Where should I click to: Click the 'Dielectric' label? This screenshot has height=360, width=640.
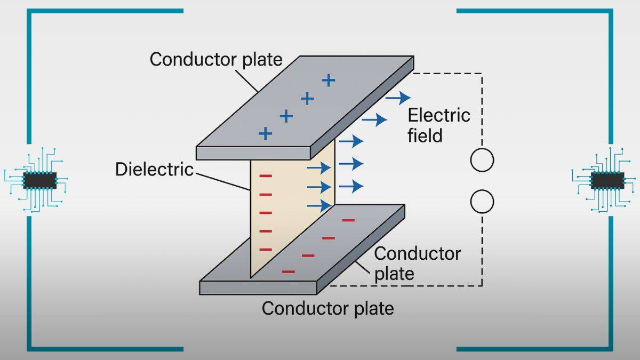point(154,170)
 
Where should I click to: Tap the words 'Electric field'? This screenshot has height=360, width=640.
point(438,125)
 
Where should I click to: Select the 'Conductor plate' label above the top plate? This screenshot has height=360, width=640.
point(215,59)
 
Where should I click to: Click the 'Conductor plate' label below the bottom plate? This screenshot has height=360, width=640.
point(327,308)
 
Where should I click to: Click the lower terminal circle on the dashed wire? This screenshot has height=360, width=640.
point(482,202)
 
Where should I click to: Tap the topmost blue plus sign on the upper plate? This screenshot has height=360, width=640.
point(329,81)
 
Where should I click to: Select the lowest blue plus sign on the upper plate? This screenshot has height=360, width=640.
point(265,133)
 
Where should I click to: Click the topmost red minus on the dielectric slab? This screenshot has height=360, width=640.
point(265,176)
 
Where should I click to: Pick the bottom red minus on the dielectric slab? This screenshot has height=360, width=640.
point(265,249)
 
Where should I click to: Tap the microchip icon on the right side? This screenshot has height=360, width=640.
point(607,180)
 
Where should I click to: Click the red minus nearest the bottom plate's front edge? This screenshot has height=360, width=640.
point(288,272)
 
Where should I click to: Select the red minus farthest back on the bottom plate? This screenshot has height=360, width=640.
point(348,220)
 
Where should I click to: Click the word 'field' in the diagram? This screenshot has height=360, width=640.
point(425,136)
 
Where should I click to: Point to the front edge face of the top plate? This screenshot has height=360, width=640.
point(253,153)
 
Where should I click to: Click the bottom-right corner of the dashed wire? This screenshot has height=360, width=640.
point(482,285)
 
